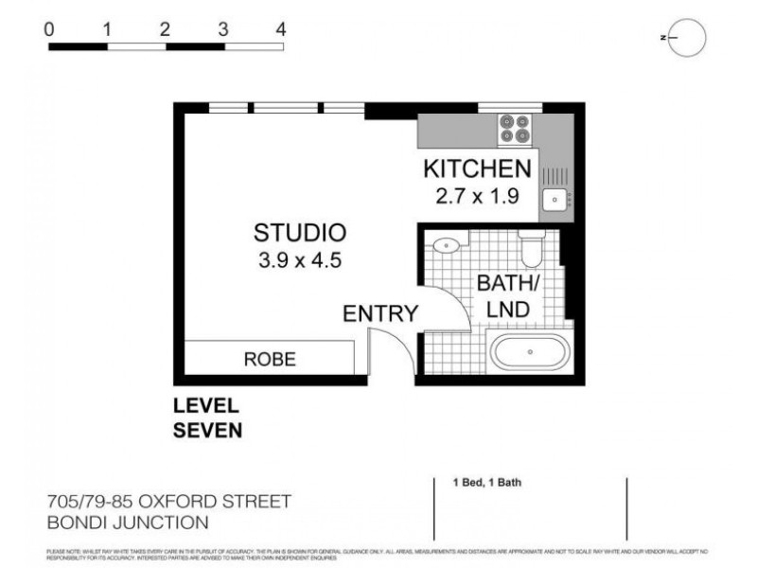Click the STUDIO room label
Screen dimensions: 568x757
tap(299, 232)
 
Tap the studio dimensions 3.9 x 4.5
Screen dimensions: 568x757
tap(299, 260)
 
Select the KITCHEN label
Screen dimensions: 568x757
tap(476, 169)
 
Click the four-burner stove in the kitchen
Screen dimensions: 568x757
tap(515, 128)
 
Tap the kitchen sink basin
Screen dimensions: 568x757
tap(553, 200)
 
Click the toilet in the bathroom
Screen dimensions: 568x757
tap(530, 249)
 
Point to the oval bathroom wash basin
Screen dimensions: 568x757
tap(445, 245)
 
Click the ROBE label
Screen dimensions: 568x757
tap(270, 360)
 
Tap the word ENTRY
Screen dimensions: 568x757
tap(380, 314)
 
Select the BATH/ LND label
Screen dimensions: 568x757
tap(502, 295)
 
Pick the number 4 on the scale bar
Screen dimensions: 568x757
tap(281, 29)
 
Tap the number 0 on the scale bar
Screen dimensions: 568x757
tap(49, 29)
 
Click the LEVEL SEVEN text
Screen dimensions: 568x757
tap(207, 418)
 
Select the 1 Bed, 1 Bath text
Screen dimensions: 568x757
tap(487, 483)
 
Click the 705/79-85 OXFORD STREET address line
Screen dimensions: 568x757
tap(168, 500)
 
